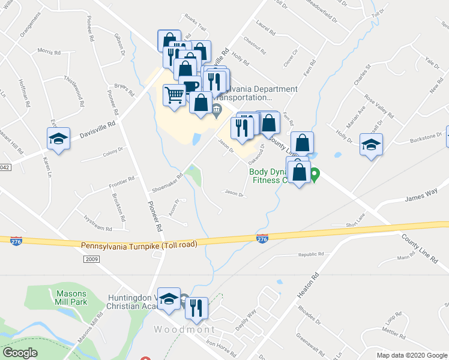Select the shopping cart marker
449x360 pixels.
coord(174,95)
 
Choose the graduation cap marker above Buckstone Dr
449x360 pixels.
coord(371,145)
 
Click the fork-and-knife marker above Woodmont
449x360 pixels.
coord(196,308)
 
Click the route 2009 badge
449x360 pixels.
coord(91,259)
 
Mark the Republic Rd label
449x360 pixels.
coord(311,254)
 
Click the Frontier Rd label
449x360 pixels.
coord(122,183)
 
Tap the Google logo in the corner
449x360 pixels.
coord(20,353)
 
